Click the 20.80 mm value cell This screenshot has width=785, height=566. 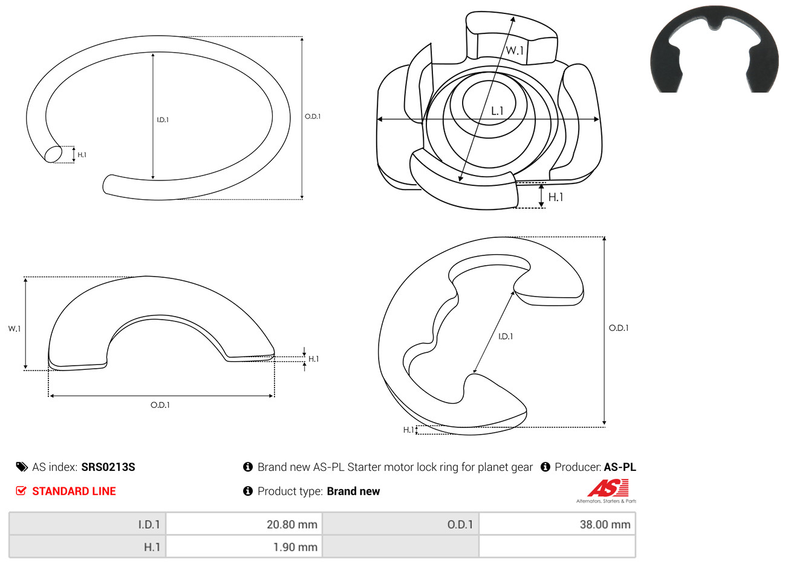coord(244,524)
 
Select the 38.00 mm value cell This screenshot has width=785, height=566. coord(557,524)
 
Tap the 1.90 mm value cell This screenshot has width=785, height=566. coord(244,547)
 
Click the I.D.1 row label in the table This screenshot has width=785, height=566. coord(87,524)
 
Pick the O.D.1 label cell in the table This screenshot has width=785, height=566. coord(400,524)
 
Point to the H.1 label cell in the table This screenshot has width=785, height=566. coord(87,547)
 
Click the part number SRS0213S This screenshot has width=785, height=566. coord(108,467)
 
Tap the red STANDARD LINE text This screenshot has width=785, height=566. coord(74,491)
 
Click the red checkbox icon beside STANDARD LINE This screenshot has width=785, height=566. coord(21,490)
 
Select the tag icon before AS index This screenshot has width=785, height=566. coord(22,467)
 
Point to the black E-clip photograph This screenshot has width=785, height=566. coord(714,49)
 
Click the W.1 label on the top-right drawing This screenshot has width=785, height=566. coord(515,51)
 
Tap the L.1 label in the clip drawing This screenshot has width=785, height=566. coord(497,111)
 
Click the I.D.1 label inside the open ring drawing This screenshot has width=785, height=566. coord(163,120)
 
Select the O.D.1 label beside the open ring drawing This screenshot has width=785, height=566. coord(313,116)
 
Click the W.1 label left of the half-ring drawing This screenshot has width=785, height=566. coord(15,329)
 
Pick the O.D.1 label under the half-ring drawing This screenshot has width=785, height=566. coord(160,405)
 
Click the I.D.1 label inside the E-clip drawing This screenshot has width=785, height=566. coord(506,337)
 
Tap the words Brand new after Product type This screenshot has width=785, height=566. coord(353,491)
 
